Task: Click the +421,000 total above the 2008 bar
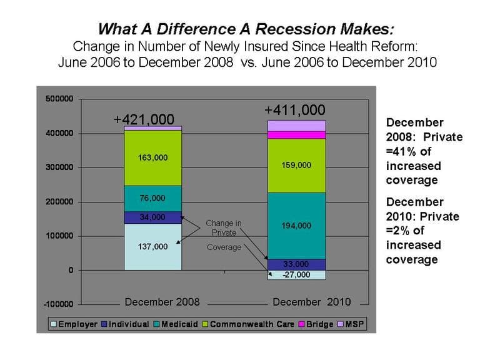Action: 144,119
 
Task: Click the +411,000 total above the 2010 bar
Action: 295,110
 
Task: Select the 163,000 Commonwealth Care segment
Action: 152,158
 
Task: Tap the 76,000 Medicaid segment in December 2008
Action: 152,199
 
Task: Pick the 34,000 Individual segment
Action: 152,217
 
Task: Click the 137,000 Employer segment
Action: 152,247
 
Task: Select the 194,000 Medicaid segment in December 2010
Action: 297,226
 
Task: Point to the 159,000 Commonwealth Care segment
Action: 297,166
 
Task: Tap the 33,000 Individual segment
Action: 297,264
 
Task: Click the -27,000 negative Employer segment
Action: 297,275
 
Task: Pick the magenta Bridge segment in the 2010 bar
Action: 297,135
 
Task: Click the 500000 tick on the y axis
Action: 59,99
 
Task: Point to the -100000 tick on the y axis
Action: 59,304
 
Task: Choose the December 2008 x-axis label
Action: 162,302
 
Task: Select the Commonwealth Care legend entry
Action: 248,324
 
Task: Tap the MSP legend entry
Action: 351,324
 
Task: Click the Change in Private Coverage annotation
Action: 224,235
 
